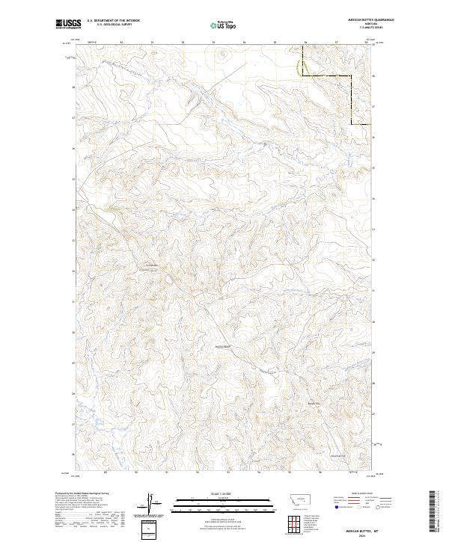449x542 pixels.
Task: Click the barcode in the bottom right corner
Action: coord(435,512)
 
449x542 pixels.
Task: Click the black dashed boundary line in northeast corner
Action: coord(329,76)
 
